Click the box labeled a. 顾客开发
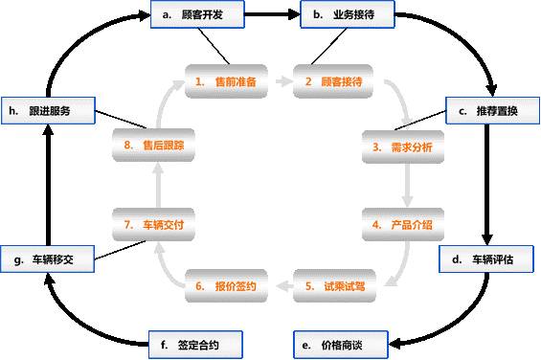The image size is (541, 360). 197,15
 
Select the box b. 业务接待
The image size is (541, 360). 345,15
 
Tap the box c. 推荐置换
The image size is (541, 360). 489,110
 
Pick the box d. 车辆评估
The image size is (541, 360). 489,259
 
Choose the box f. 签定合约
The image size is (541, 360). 197,342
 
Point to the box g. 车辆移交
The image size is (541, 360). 47,259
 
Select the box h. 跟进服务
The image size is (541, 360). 47,110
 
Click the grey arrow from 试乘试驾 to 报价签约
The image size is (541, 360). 280,284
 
